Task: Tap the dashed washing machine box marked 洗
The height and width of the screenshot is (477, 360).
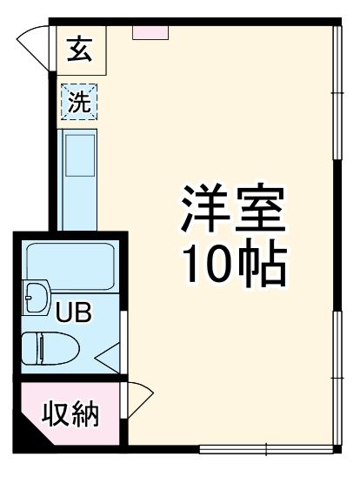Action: coord(79,103)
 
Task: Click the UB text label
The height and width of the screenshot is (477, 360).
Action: coord(75,312)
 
